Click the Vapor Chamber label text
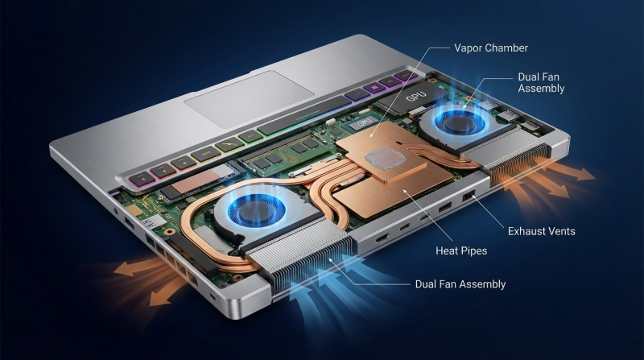(x=491, y=48)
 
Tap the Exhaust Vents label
(x=541, y=231)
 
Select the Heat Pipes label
(x=461, y=250)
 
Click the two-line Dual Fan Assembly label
(x=541, y=83)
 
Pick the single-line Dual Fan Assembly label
(x=460, y=284)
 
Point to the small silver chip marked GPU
(x=364, y=123)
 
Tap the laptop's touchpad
(x=249, y=99)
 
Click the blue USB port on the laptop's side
(x=129, y=224)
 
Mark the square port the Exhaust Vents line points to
(x=469, y=196)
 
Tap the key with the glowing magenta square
(x=374, y=88)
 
